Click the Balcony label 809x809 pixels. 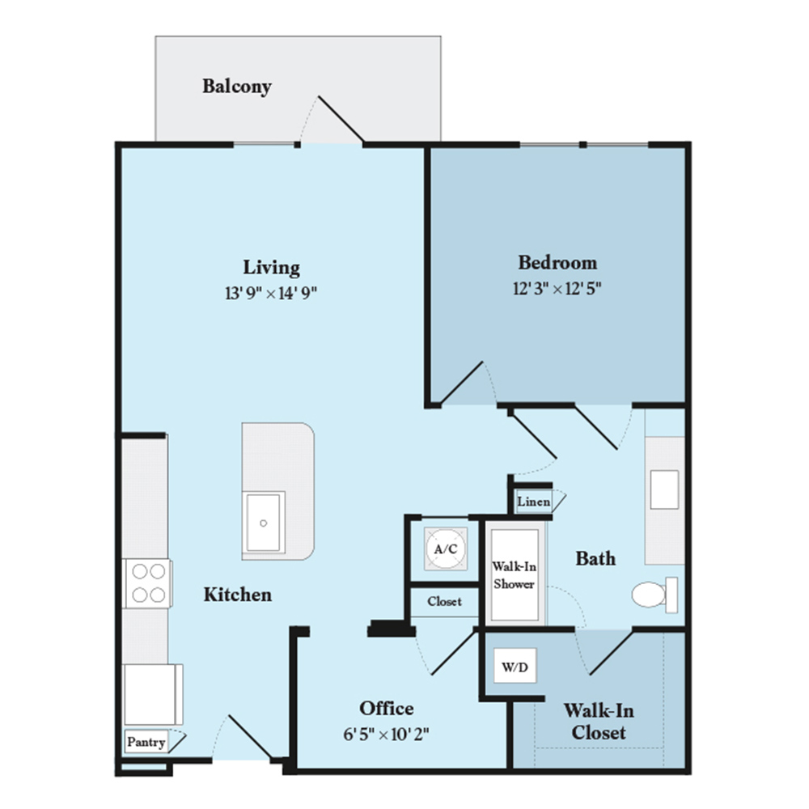tap(237, 87)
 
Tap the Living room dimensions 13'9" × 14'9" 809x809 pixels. tap(271, 293)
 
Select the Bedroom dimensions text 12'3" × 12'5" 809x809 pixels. tap(557, 288)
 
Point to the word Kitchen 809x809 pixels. tap(237, 595)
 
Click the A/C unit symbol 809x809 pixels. tap(446, 549)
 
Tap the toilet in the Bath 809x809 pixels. tap(654, 595)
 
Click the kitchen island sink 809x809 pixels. tap(264, 522)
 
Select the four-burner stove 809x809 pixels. tap(148, 583)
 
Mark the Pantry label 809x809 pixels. tap(146, 742)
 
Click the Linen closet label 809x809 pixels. tap(533, 501)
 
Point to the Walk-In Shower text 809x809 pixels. tap(514, 575)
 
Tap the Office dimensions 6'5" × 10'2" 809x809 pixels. tap(387, 734)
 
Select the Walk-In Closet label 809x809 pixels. tap(599, 722)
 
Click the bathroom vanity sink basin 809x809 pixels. tap(664, 489)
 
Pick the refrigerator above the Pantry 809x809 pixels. tap(153, 694)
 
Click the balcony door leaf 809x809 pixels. tap(341, 119)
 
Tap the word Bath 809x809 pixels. tap(595, 558)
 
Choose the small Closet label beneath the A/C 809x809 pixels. tap(444, 602)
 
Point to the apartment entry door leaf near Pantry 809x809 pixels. tap(250, 737)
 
